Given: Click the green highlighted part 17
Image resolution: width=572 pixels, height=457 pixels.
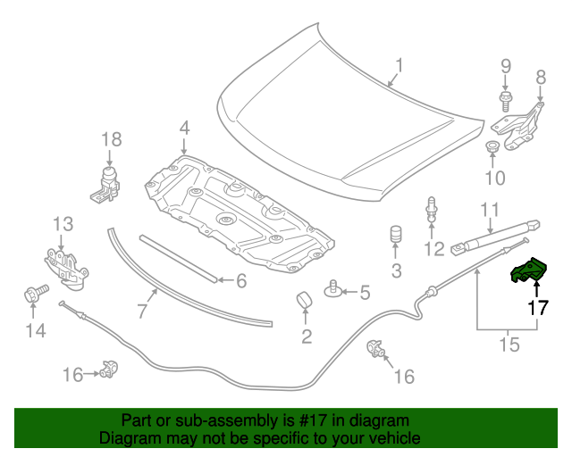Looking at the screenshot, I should click(x=528, y=271).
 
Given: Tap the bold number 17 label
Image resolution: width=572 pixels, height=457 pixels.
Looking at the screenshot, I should click(x=536, y=309).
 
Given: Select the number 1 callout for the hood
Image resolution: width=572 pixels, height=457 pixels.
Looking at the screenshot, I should click(x=400, y=64).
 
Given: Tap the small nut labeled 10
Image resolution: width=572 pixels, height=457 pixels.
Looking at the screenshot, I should click(x=492, y=146).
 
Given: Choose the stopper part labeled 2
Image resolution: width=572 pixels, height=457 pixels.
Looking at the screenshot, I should click(x=306, y=300).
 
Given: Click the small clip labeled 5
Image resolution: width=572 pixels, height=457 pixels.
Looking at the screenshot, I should click(x=333, y=287).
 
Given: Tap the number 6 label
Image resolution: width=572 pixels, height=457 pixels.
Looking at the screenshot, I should click(x=240, y=281).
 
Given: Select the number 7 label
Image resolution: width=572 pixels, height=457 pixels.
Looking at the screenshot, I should click(x=141, y=311).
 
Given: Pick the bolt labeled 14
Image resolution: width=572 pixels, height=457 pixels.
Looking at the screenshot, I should click(x=30, y=294).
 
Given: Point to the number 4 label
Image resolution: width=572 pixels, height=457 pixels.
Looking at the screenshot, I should click(x=183, y=129).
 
